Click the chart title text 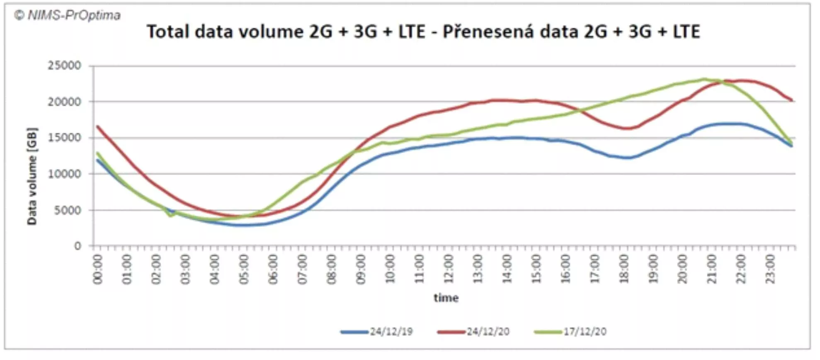(x=423, y=32)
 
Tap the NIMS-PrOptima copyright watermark (x=67, y=15)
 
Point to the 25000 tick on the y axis (x=64, y=66)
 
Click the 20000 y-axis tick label (x=64, y=102)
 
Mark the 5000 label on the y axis (x=67, y=210)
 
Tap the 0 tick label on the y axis (x=78, y=246)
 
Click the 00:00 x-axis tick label (x=97, y=269)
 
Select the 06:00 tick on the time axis (x=273, y=269)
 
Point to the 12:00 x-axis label (x=449, y=269)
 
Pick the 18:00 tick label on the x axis (x=624, y=269)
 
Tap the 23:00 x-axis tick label (x=770, y=269)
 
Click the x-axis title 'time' (x=446, y=298)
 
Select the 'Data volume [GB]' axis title (x=32, y=176)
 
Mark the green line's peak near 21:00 (x=704, y=79)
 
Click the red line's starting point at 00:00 (x=97, y=126)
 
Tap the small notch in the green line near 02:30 (x=170, y=216)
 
